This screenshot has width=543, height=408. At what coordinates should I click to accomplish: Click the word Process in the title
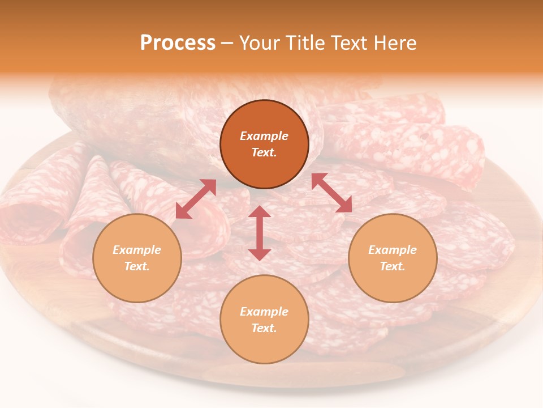178,43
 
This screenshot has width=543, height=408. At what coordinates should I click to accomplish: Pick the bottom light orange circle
264,346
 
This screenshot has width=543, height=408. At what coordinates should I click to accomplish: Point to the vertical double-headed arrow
260,233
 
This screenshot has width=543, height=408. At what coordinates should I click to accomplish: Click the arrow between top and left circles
196,199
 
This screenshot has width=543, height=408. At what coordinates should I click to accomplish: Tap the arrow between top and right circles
331,193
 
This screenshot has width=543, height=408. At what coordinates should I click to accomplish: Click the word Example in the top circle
264,136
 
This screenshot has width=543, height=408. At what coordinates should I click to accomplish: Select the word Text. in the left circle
137,266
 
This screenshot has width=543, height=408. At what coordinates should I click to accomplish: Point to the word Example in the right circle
393,250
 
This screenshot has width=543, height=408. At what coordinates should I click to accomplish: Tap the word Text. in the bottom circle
264,328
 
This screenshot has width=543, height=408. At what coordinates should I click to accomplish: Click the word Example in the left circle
137,250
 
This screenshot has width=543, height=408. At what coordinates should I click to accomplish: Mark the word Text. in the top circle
264,152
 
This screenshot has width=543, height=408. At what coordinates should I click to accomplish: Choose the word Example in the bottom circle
264,312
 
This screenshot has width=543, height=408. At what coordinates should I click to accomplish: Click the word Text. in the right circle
393,266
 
